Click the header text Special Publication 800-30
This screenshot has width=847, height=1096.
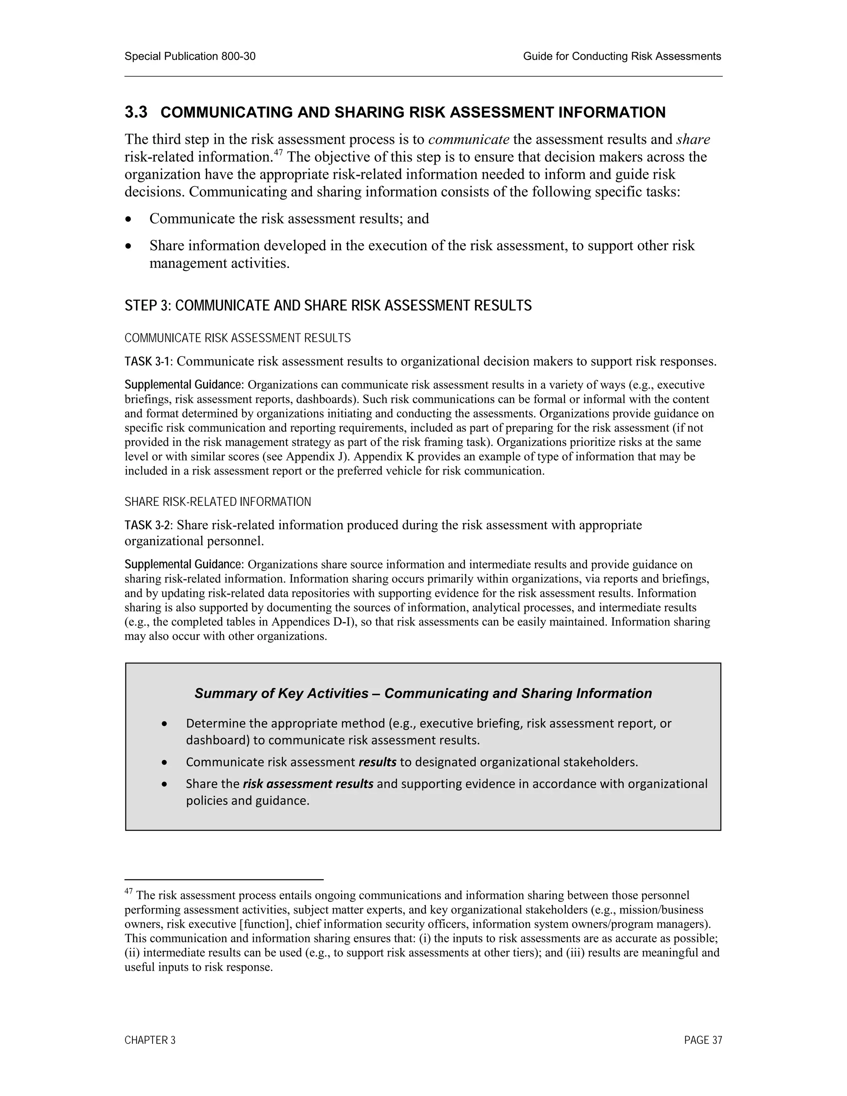(190, 57)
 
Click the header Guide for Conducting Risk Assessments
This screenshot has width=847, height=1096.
(622, 57)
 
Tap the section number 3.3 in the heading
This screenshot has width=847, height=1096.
(136, 112)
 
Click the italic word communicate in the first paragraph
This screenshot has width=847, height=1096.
(469, 139)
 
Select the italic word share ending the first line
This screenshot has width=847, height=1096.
(693, 139)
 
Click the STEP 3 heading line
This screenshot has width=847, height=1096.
(328, 306)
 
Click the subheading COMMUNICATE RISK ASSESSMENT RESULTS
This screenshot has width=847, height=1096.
(237, 338)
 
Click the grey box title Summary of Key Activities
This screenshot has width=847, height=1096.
(423, 694)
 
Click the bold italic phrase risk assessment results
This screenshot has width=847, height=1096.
(308, 784)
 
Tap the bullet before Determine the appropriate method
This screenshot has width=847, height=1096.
(165, 724)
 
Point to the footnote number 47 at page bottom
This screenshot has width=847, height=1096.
(129, 892)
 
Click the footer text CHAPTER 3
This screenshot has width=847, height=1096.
(150, 1040)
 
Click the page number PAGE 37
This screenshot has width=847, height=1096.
(703, 1040)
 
